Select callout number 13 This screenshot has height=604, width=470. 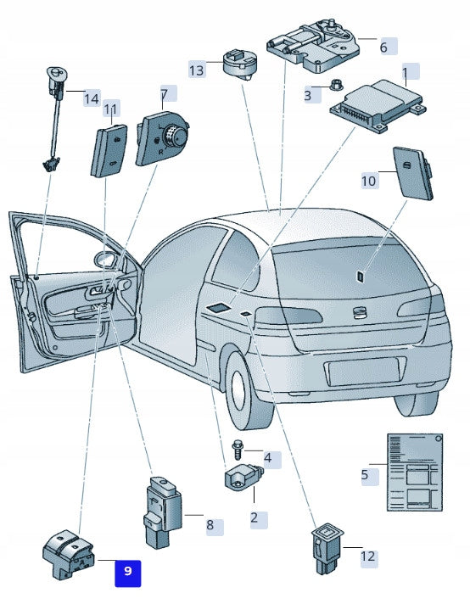(197, 70)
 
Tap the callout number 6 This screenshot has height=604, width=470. (383, 47)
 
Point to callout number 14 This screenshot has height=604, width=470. (92, 99)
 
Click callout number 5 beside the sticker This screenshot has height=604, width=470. (365, 474)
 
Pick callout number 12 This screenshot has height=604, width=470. (368, 556)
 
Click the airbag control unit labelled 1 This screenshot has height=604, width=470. (378, 106)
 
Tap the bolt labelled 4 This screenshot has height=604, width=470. (238, 450)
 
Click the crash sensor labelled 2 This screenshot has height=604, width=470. (243, 477)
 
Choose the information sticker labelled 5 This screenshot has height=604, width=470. (415, 473)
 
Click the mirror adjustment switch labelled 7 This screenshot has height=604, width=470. (162, 138)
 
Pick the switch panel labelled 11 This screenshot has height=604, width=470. (109, 151)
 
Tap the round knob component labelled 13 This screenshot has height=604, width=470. (240, 64)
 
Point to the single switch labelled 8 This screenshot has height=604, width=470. (163, 512)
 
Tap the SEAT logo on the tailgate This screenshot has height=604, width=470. (360, 312)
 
